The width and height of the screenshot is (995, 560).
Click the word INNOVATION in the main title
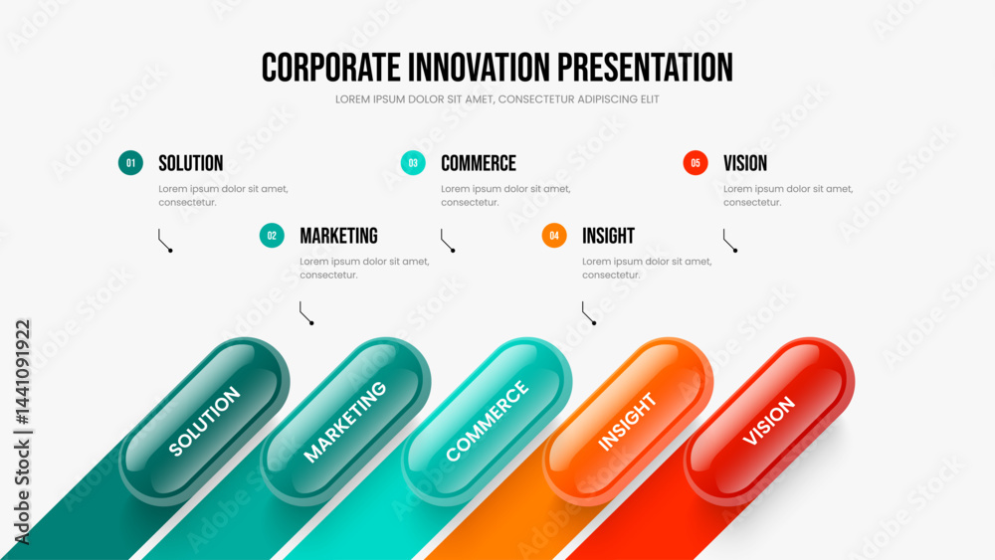[480, 68]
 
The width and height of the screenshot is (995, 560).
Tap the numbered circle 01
[130, 163]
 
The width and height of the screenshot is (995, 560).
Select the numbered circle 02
[272, 236]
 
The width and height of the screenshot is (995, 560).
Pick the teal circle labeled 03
[413, 163]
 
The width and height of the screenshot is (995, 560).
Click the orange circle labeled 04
[554, 236]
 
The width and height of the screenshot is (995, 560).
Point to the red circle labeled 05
[696, 163]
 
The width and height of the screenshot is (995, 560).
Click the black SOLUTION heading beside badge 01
[190, 164]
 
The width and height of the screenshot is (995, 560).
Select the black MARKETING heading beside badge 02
[338, 236]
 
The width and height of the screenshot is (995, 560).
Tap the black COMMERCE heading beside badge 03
[479, 164]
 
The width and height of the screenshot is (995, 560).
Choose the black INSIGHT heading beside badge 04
[608, 236]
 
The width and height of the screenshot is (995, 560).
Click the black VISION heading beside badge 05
[745, 164]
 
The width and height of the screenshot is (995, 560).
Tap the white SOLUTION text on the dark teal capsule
[204, 421]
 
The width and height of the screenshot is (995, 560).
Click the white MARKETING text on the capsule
[344, 422]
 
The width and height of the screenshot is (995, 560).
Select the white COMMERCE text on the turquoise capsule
[487, 421]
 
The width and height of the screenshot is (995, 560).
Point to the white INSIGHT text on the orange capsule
[627, 422]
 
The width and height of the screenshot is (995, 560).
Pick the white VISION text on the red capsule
[768, 421]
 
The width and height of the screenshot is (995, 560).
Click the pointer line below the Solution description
[164, 242]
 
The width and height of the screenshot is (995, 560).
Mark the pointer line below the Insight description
[588, 314]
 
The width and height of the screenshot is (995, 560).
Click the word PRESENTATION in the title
[646, 68]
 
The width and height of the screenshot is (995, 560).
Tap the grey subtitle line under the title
[497, 99]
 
